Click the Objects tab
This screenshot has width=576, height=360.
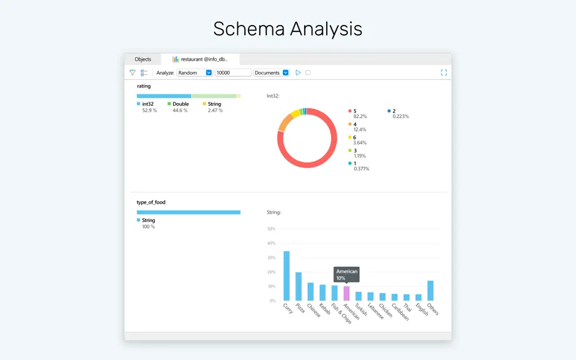pos(142,59)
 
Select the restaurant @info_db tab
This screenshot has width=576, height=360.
pos(201,59)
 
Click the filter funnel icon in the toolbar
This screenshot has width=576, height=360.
pos(132,72)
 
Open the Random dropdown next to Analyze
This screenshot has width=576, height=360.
pos(194,72)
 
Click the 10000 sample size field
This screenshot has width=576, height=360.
pos(233,72)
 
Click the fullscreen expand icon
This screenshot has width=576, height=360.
pos(444,72)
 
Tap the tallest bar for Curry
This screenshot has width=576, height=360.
pos(287,276)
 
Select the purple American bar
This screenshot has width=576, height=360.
pos(346,294)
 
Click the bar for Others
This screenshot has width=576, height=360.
pos(430,291)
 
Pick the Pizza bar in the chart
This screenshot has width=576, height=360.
pos(299,286)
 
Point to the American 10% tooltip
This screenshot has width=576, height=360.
pos(347,274)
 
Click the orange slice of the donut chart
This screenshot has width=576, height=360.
pos(285,122)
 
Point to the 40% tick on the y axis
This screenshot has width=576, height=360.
pos(272,243)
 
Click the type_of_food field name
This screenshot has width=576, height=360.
pos(151,202)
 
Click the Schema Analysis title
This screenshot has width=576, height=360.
pos(287,29)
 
